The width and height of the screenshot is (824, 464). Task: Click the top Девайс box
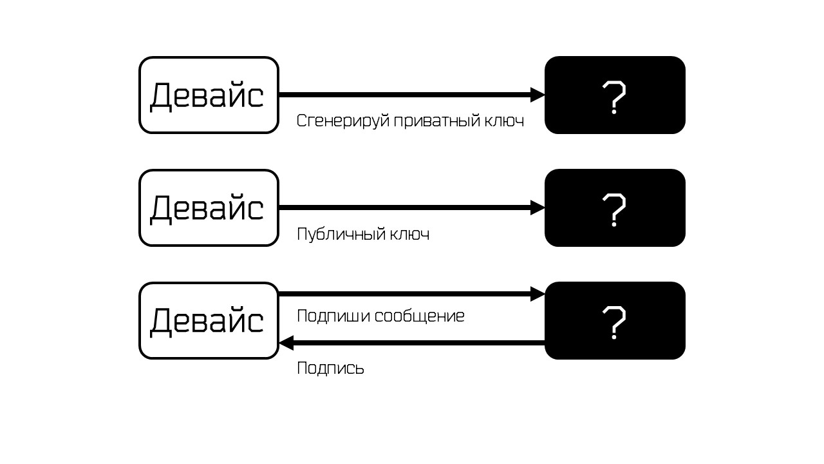(x=209, y=95)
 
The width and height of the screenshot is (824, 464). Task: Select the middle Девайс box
(x=209, y=208)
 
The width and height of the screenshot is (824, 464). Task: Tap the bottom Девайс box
(x=209, y=321)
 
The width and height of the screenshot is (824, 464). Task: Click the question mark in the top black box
(x=614, y=97)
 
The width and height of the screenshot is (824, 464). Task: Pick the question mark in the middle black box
(x=614, y=210)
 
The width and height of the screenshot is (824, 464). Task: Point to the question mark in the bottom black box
(x=614, y=323)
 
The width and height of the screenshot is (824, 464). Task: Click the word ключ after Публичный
(x=410, y=234)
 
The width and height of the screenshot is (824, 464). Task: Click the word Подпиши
(x=333, y=316)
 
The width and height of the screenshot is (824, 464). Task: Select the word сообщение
(x=419, y=316)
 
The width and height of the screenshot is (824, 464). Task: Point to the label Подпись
(x=330, y=369)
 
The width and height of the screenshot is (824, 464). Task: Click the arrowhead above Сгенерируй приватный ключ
(x=538, y=95)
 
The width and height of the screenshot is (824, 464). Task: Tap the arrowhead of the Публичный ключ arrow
(x=538, y=208)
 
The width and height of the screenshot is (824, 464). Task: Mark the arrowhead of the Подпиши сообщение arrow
(x=538, y=294)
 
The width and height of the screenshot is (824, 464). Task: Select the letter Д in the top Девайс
(x=162, y=97)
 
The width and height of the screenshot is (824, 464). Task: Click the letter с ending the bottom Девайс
(x=255, y=322)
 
